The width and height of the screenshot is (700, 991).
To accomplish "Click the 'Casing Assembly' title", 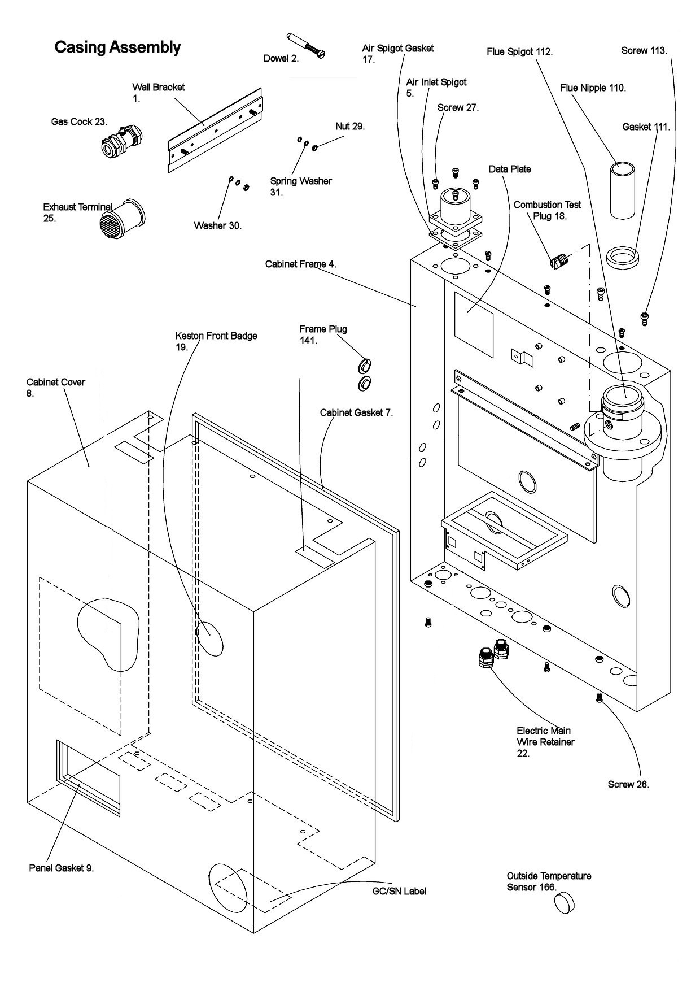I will click(x=117, y=47).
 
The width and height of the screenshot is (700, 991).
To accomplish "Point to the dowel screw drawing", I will click(x=306, y=45).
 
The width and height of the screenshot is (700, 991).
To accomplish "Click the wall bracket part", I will click(x=215, y=130).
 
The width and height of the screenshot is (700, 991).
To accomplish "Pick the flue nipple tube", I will click(x=623, y=189).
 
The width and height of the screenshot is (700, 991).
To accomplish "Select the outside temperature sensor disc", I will click(x=564, y=903).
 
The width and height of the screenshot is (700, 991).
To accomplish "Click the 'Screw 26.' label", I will click(x=628, y=784).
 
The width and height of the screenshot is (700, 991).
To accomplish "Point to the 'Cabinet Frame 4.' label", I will click(x=300, y=264).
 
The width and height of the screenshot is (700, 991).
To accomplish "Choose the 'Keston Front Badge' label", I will click(x=216, y=336).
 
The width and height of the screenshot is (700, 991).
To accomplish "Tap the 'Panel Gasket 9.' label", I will click(x=61, y=868).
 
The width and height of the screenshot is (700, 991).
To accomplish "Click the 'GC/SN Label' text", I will click(x=399, y=891).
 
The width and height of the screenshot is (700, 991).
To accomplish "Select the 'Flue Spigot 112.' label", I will click(x=519, y=52).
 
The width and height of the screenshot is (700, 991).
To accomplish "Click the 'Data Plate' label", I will click(x=509, y=169).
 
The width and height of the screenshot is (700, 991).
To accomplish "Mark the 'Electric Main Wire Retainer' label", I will click(x=545, y=742).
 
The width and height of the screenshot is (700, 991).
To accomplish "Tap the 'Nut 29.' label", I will click(x=350, y=126).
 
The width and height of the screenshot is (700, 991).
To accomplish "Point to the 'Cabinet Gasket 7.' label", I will click(x=356, y=412).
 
